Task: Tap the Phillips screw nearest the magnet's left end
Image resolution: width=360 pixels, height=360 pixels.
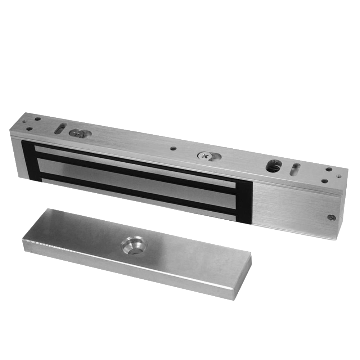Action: point(76,134)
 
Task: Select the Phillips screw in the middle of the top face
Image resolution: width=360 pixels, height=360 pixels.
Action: point(204,156)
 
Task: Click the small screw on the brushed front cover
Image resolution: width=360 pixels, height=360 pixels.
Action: point(332,217)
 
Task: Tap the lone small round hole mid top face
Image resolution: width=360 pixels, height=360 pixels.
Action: point(173,148)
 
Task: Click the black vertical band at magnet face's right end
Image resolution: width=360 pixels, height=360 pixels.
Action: point(244,202)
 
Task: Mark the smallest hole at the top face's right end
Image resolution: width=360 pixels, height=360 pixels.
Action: point(339,176)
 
